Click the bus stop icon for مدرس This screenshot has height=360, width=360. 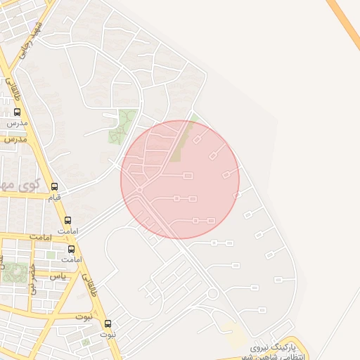(x=17, y=112)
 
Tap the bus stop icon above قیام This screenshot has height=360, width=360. (x=55, y=186)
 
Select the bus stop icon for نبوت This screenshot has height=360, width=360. (x=108, y=323)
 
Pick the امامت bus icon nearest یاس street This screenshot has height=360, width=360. (x=71, y=249)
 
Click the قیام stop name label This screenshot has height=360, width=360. (x=54, y=198)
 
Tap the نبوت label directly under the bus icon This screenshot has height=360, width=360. (x=108, y=335)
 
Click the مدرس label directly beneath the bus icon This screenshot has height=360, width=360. (x=17, y=123)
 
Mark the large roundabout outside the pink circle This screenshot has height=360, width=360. (x=213, y=292)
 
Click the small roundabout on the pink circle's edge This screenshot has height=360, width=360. (x=140, y=190)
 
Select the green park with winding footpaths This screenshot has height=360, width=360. (x=122, y=127)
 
